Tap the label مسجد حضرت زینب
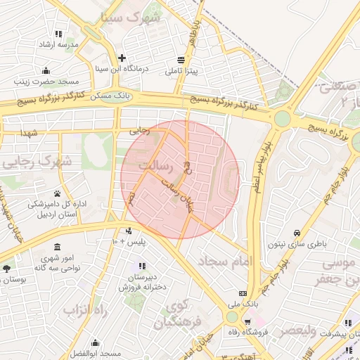(x=46, y=81)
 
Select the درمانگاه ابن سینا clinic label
(x=122, y=69)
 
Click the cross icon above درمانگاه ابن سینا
(x=122, y=58)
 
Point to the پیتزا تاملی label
(x=183, y=72)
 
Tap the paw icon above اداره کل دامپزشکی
(x=56, y=193)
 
